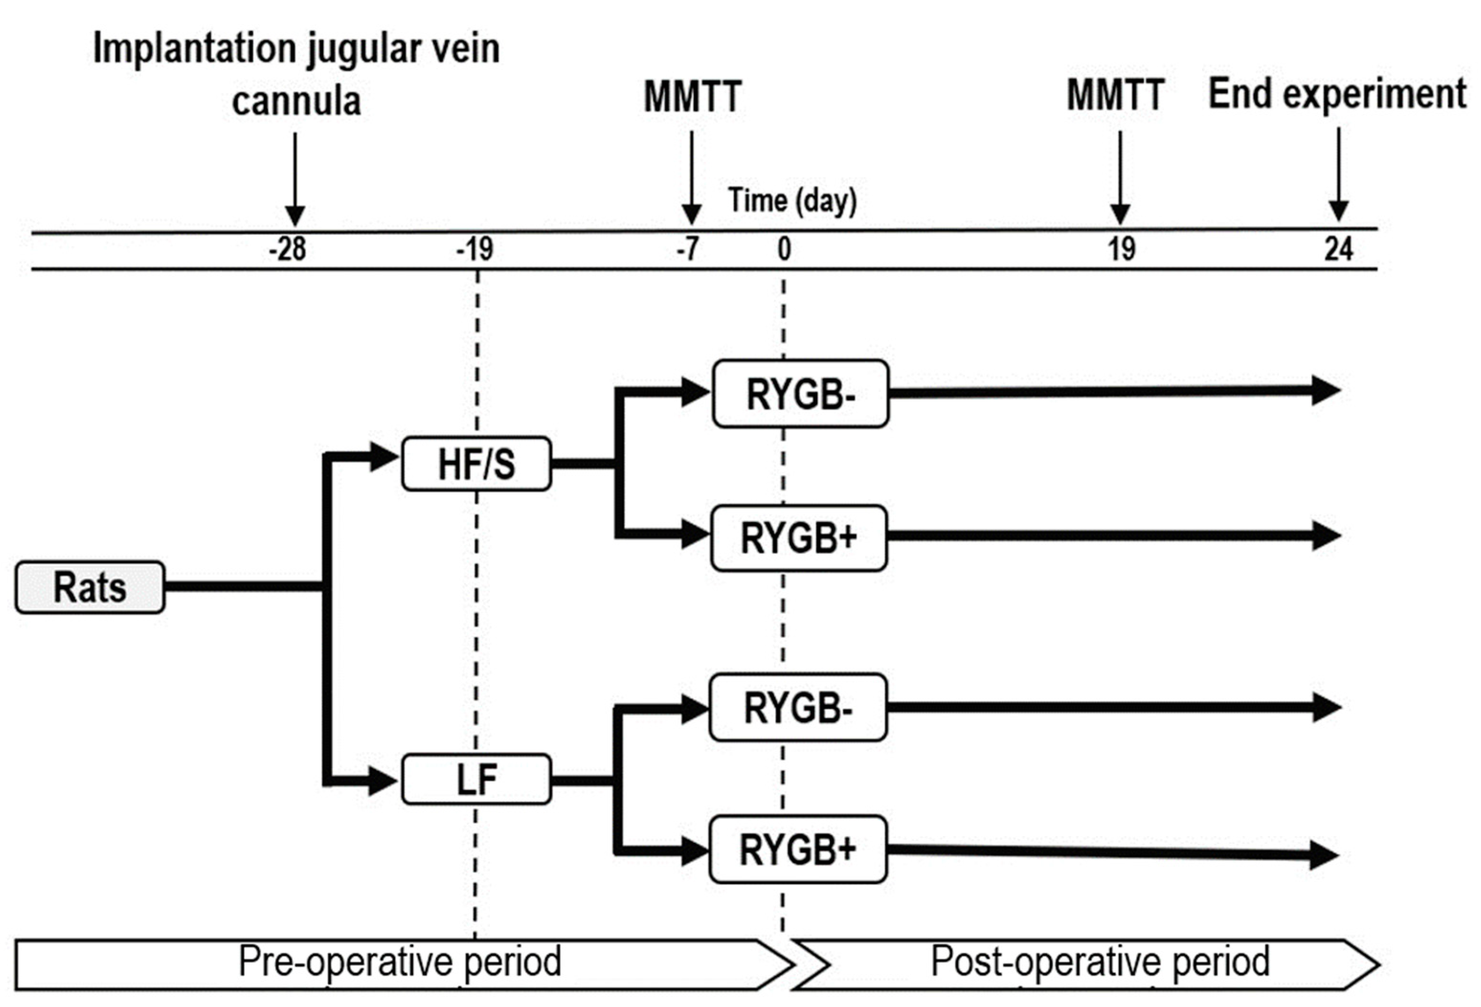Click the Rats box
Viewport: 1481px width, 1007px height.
90,587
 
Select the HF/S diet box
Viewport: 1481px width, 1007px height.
476,463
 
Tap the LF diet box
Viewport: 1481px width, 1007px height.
476,779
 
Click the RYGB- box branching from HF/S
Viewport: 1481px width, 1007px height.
800,394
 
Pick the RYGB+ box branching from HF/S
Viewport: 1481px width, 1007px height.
798,538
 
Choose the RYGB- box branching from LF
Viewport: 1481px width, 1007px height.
798,707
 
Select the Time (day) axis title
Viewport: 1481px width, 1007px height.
792,201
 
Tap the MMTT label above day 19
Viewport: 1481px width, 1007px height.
1116,95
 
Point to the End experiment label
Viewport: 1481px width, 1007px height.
1337,94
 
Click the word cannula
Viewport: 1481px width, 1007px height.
296,101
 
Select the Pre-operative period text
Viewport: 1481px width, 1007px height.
400,961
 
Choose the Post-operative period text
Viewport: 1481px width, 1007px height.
1100,961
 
